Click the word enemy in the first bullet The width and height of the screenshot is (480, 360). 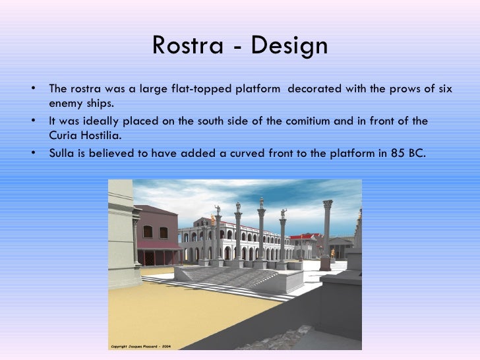64,104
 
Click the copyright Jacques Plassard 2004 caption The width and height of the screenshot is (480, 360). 140,345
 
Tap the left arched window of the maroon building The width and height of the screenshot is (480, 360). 148,232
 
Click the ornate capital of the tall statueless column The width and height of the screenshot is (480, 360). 328,205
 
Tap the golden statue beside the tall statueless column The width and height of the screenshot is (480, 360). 332,253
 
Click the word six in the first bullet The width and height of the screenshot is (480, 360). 444,89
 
